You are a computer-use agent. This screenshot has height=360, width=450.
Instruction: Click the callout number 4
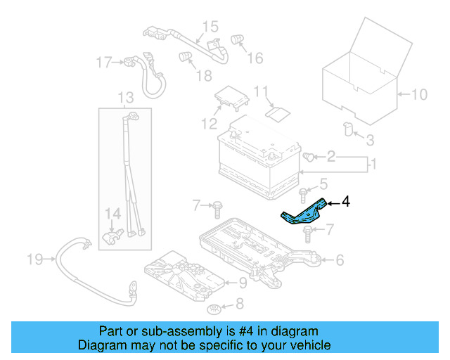tap(345, 202)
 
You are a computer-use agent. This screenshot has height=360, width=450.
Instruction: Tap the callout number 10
tap(418, 94)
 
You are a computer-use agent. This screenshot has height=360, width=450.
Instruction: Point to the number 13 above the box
tap(125, 97)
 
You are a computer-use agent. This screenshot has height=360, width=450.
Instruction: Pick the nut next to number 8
tap(214, 309)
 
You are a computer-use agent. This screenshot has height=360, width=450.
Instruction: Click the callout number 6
tap(340, 261)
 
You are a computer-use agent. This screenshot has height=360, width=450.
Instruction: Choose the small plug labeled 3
tap(348, 127)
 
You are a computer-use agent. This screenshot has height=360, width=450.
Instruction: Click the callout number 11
tap(261, 91)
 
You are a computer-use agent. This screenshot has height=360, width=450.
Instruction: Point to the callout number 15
tap(211, 27)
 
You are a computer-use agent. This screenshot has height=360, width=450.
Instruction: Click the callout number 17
tap(104, 63)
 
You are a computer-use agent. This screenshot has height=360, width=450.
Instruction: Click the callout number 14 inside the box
tap(112, 212)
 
